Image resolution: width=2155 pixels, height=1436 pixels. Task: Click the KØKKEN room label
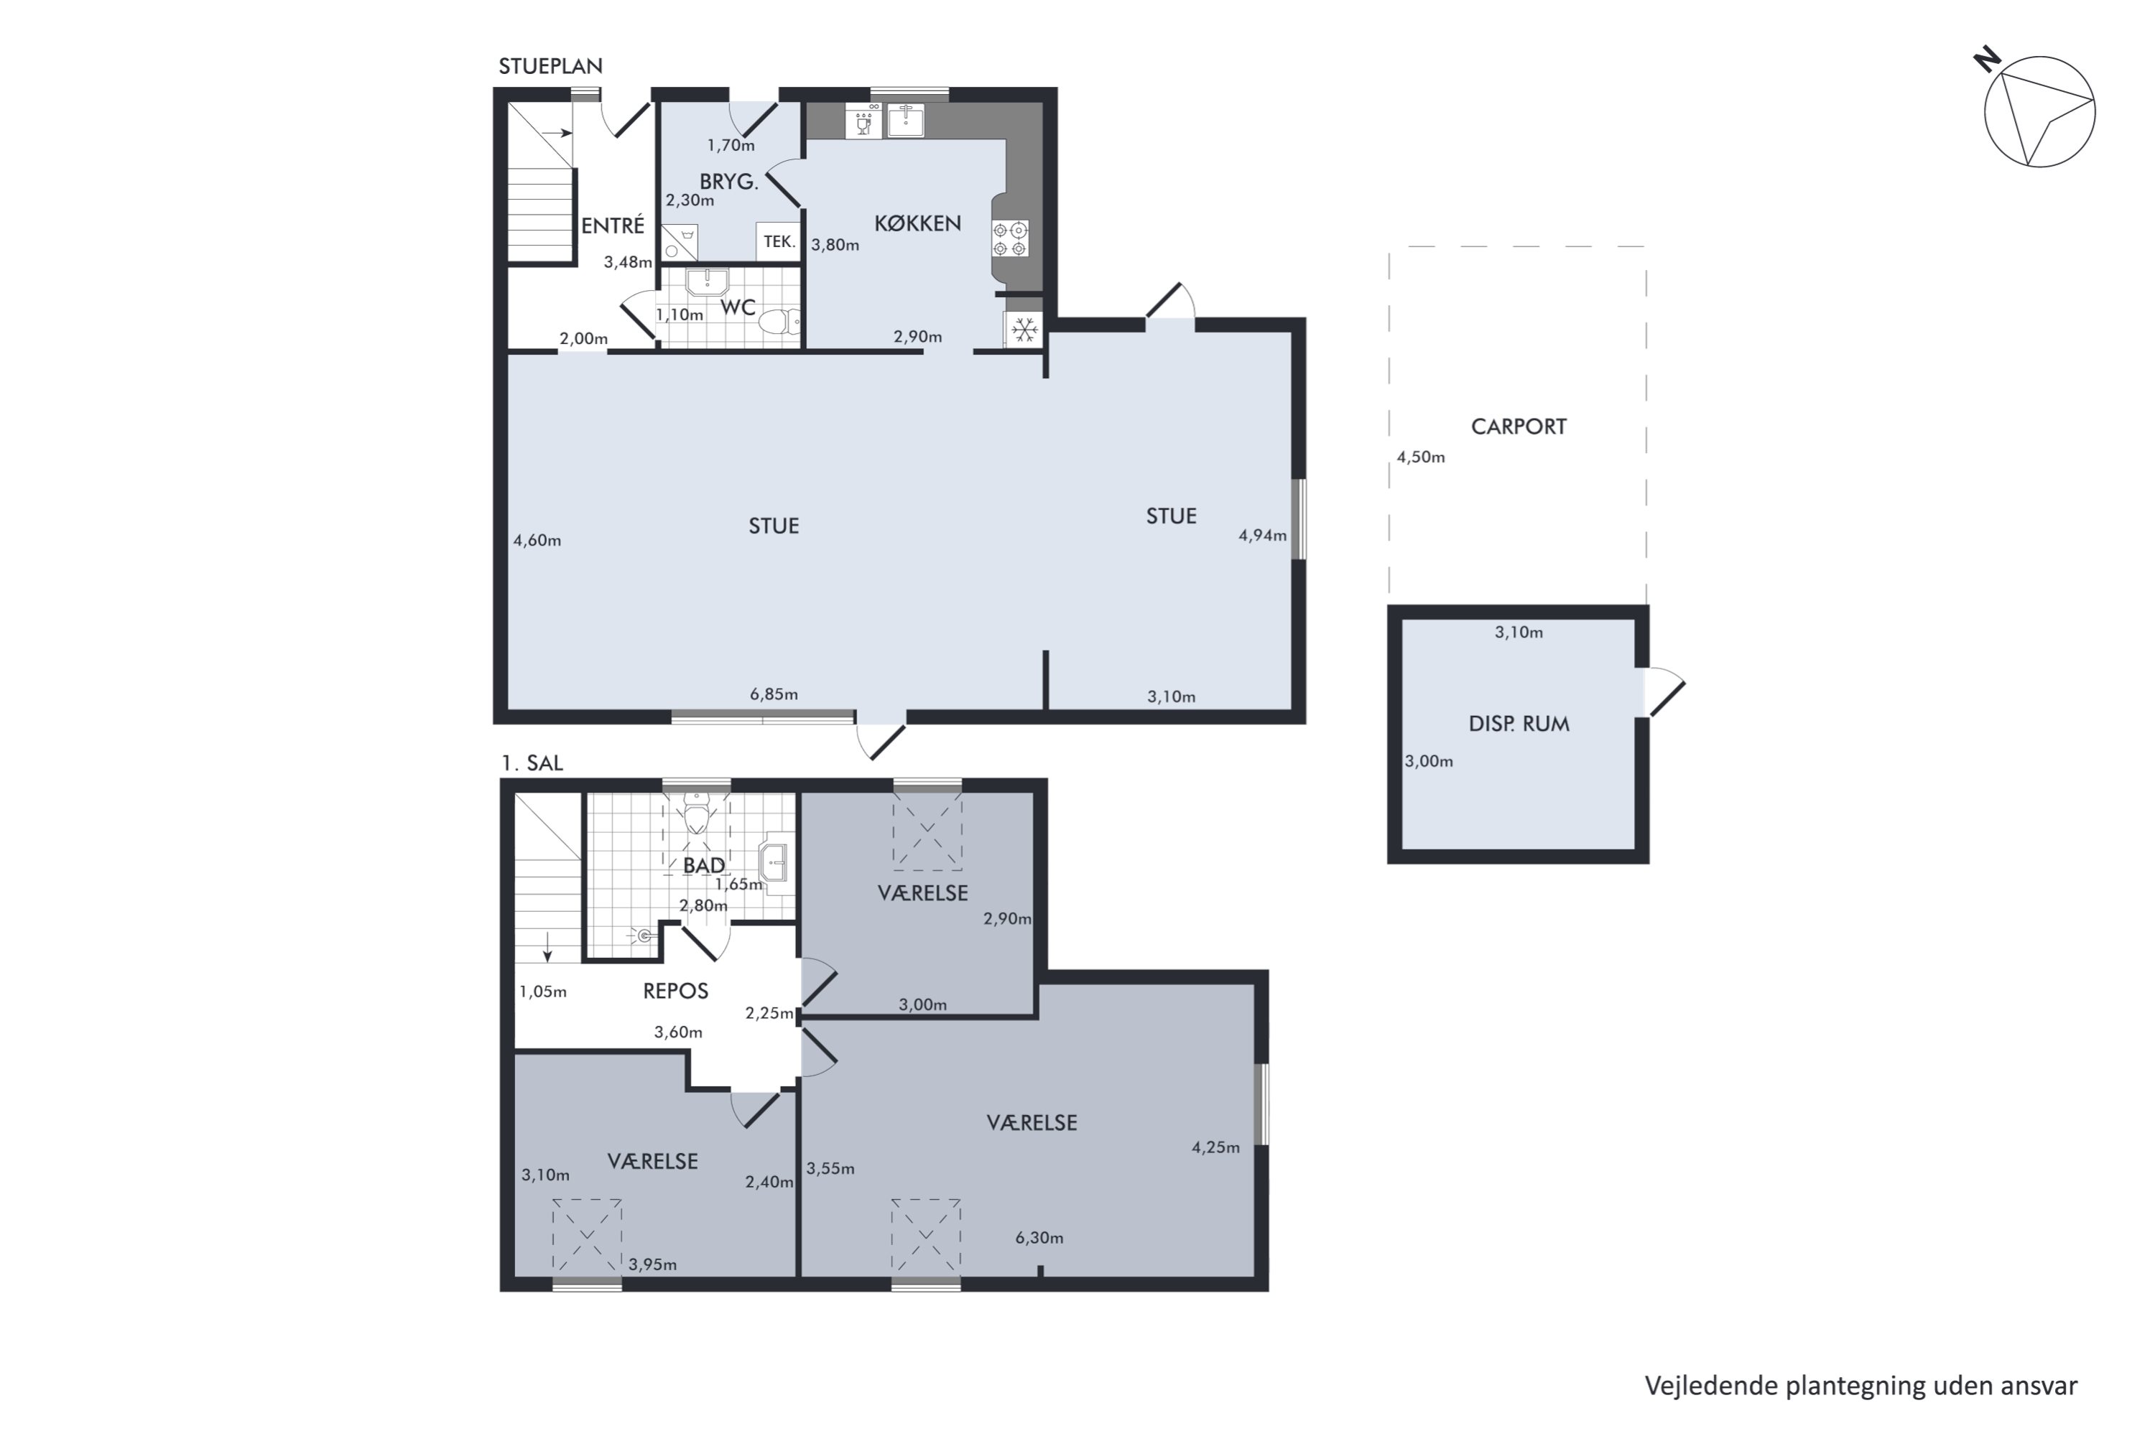(917, 223)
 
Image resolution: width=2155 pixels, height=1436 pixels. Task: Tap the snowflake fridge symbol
(1024, 329)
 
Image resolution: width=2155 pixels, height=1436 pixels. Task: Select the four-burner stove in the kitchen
(1010, 238)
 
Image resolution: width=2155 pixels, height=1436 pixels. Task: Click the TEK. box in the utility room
(779, 242)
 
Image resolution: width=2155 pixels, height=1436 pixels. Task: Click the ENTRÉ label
(613, 225)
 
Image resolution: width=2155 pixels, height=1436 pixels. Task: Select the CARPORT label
(1519, 426)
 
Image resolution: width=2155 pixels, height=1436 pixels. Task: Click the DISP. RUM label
(1519, 724)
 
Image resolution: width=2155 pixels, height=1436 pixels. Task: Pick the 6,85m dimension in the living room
(774, 694)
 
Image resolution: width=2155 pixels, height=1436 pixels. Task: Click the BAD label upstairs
(704, 865)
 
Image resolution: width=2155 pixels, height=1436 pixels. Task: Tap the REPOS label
(675, 991)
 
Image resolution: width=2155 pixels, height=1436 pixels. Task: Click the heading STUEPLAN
(550, 66)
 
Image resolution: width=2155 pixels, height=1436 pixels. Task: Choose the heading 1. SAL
(532, 763)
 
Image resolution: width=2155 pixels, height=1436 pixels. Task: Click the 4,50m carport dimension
(1420, 457)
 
